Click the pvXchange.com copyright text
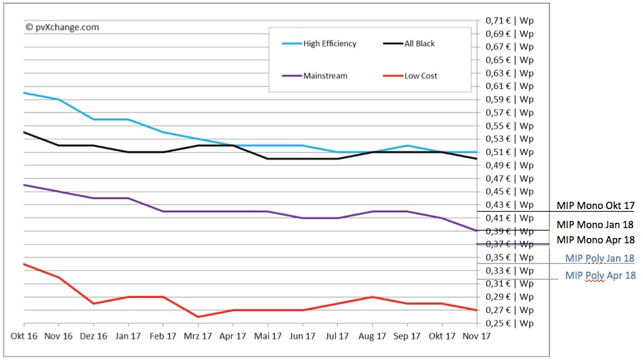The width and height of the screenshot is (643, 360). tap(62, 27)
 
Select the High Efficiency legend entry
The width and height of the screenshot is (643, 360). tap(329, 44)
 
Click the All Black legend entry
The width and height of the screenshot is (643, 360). tap(419, 44)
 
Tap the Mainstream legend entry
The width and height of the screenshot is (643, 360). tap(325, 76)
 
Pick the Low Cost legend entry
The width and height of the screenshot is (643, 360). tap(420, 76)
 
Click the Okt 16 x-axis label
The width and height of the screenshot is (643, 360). tap(24, 336)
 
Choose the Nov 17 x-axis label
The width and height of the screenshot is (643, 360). tap(477, 336)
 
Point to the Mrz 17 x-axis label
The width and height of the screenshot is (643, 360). tap(198, 336)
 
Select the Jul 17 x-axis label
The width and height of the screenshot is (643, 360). tap(337, 336)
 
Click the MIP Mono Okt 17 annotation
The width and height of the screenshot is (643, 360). tap(596, 206)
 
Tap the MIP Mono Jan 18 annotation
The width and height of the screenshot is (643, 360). tap(595, 224)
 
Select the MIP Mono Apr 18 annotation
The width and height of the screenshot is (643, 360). tap(596, 240)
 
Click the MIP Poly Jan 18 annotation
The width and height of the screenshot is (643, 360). tap(599, 258)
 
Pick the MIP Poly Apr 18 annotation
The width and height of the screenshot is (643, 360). tap(600, 276)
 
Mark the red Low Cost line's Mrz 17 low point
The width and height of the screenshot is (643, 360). tap(198, 316)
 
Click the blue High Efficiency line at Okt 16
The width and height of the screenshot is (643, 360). tap(24, 93)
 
